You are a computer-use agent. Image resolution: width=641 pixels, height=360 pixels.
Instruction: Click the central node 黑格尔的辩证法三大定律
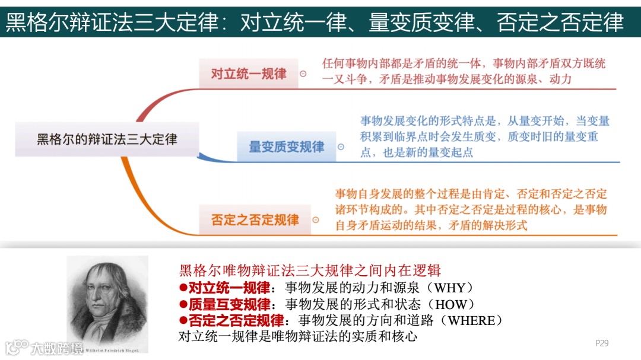coord(107,139)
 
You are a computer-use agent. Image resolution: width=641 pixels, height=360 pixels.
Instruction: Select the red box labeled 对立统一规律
coord(248,74)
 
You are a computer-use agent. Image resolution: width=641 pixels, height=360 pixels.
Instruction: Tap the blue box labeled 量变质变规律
coord(286,146)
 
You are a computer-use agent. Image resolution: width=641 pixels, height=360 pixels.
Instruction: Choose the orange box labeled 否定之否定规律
coord(255,219)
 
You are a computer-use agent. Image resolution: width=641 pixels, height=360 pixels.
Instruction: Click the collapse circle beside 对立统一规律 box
coord(303,74)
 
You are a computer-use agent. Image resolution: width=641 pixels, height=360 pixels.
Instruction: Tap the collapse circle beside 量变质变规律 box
coord(341,147)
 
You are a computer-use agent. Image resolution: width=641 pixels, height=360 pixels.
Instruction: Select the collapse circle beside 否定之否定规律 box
coord(316,220)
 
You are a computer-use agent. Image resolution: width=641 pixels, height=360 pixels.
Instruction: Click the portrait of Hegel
coord(107,300)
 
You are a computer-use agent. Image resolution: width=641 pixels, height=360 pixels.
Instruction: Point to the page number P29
coord(602,343)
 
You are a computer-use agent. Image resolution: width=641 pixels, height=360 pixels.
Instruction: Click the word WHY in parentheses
coord(454,288)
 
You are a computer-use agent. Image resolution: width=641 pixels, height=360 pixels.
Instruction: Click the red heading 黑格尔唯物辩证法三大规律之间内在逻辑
coord(310,271)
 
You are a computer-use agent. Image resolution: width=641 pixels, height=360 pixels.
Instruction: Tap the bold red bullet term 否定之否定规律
coord(236,320)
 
